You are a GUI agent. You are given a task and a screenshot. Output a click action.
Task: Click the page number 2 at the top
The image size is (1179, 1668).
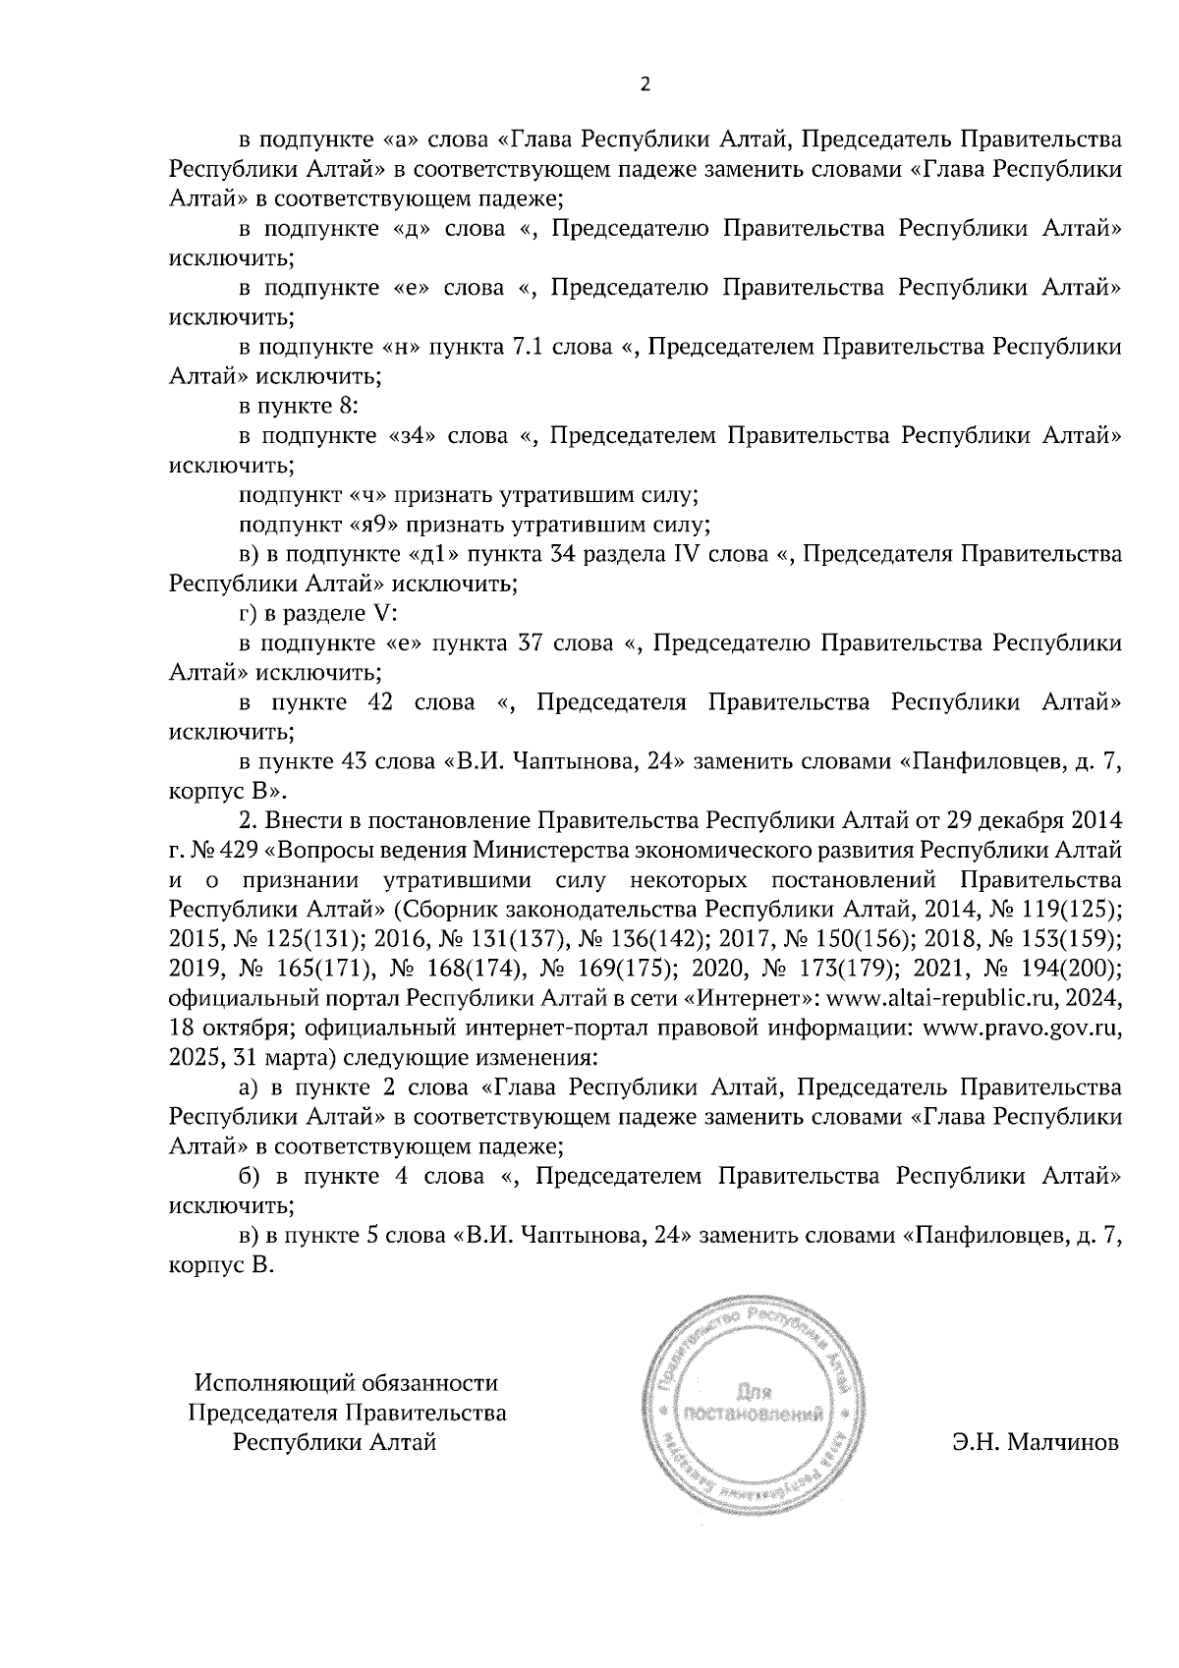645,85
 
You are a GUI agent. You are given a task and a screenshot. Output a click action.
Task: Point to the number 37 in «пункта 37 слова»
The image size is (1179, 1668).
531,642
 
